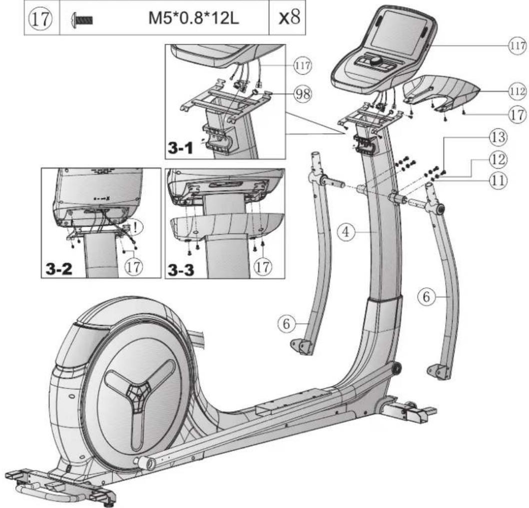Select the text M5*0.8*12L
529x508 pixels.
pyautogui.click(x=194, y=18)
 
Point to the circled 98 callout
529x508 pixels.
pyautogui.click(x=303, y=94)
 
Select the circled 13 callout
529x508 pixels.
pyautogui.click(x=498, y=137)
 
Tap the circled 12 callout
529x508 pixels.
pyautogui.click(x=498, y=159)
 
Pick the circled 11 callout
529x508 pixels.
pyautogui.click(x=498, y=180)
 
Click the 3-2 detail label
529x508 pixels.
pyautogui.click(x=59, y=269)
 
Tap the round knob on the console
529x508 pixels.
pyautogui.click(x=376, y=61)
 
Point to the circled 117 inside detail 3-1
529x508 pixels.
pyautogui.click(x=303, y=65)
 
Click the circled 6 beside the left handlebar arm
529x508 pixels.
pyautogui.click(x=286, y=324)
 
